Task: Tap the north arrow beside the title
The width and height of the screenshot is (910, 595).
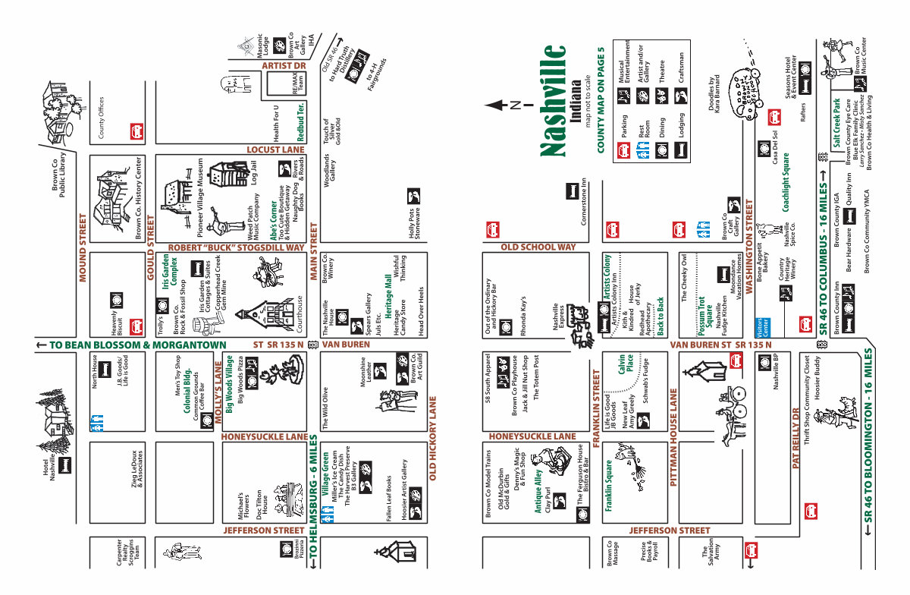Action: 498,105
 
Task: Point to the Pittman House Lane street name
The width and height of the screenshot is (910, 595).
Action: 673,437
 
